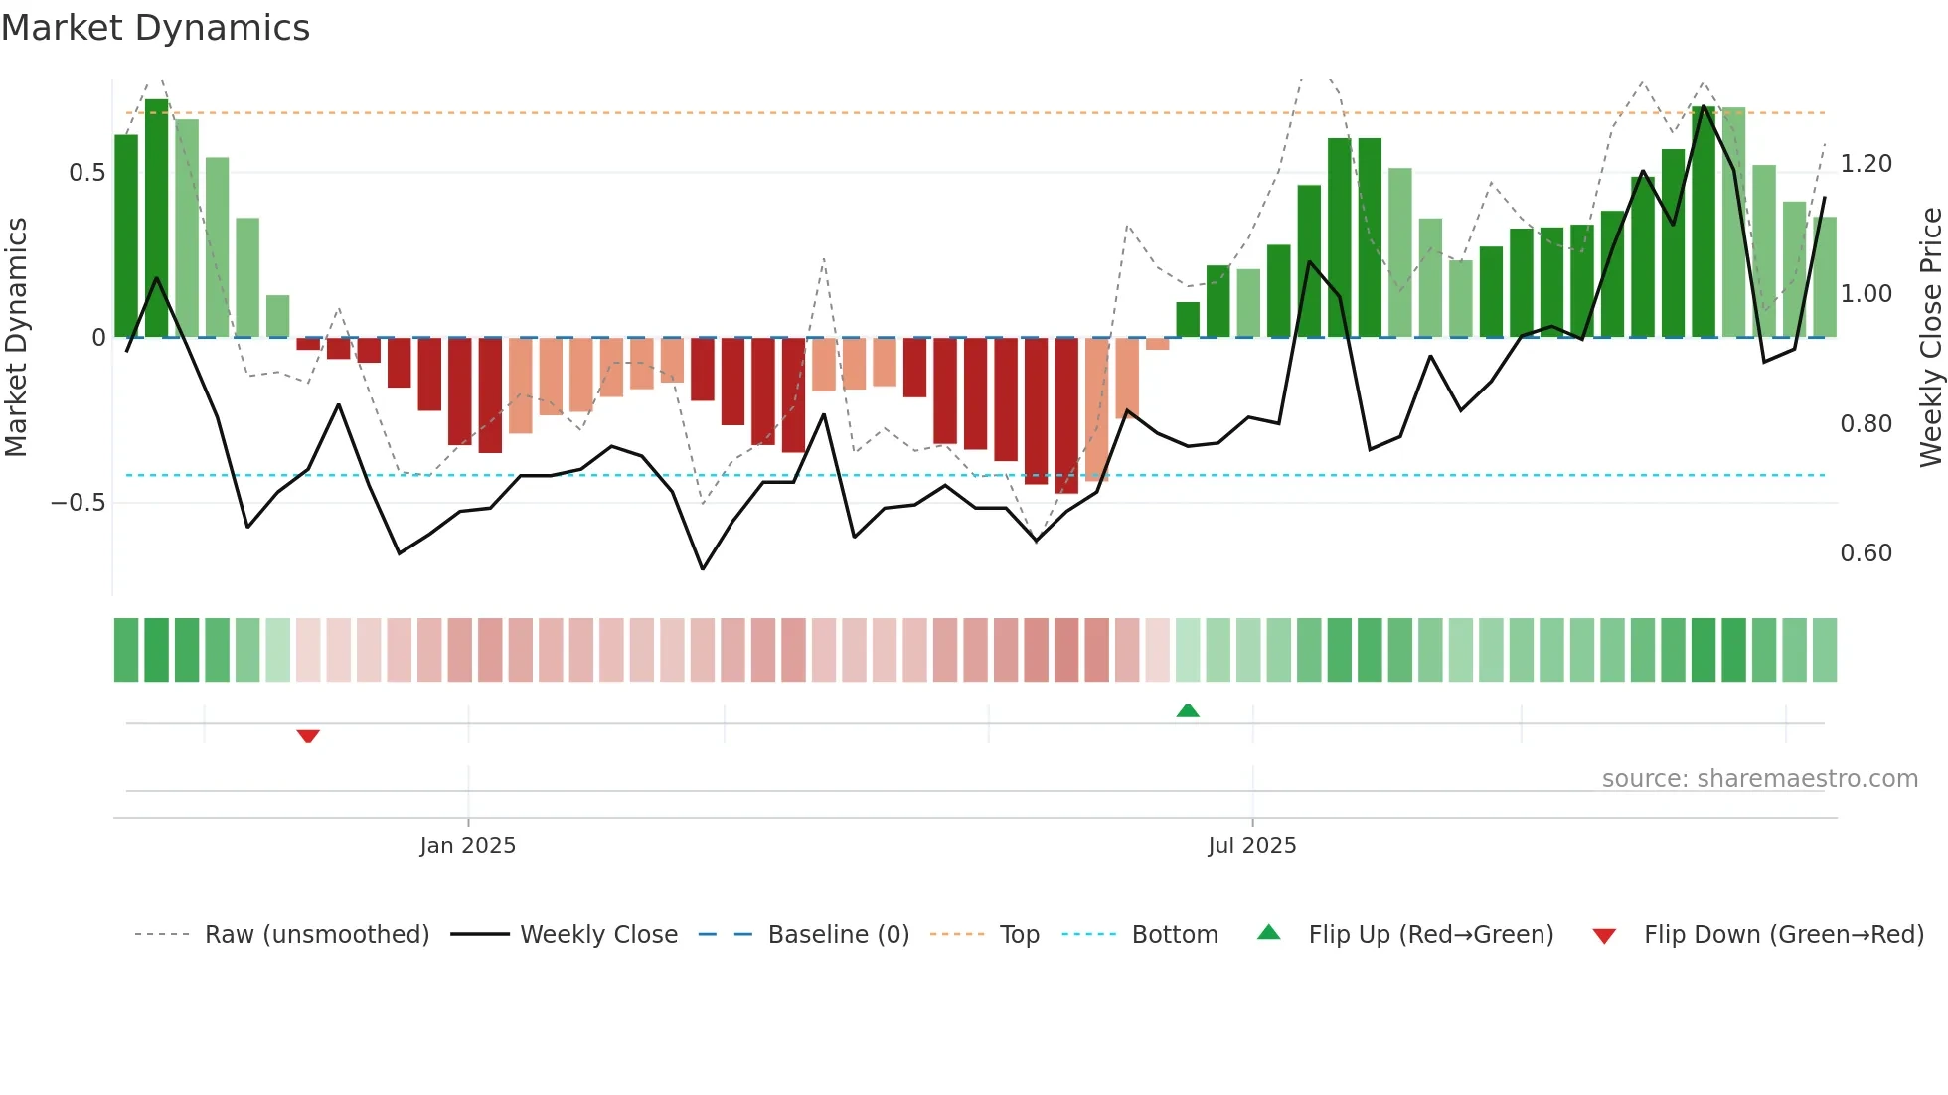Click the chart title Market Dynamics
pyautogui.click(x=155, y=28)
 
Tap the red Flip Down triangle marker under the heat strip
pyautogui.click(x=308, y=736)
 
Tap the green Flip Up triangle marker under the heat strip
pyautogui.click(x=1188, y=710)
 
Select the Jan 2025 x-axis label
pyautogui.click(x=467, y=846)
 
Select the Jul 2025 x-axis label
pyautogui.click(x=1251, y=846)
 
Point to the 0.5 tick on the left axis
pyautogui.click(x=86, y=173)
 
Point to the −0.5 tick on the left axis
pyautogui.click(x=79, y=503)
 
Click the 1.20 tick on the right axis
pyautogui.click(x=1866, y=164)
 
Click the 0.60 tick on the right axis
pyautogui.click(x=1866, y=553)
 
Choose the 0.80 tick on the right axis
pyautogui.click(x=1866, y=424)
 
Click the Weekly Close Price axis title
pyautogui.click(x=1930, y=338)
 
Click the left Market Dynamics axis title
pyautogui.click(x=16, y=338)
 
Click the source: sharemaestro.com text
pyautogui.click(x=1759, y=779)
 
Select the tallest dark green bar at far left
pyautogui.click(x=157, y=219)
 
